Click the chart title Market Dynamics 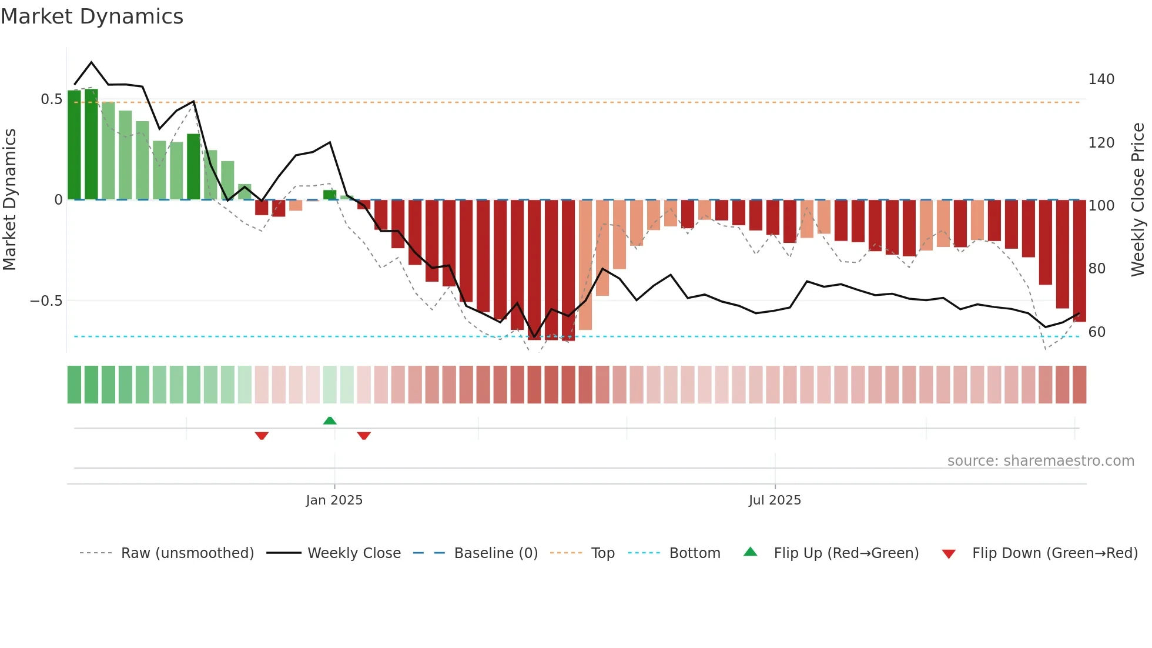tap(92, 16)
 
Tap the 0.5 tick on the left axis tap(51, 99)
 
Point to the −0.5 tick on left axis tap(46, 301)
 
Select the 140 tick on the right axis tap(1101, 79)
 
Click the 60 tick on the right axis tap(1097, 332)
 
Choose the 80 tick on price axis tap(1097, 269)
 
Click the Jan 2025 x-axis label tap(334, 500)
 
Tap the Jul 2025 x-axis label tap(775, 500)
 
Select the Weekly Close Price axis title tap(1138, 200)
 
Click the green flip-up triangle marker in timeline tap(330, 420)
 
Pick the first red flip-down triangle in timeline tap(262, 436)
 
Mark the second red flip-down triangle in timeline tap(364, 436)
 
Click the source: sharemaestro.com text tap(1040, 461)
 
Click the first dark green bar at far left tap(74, 145)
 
